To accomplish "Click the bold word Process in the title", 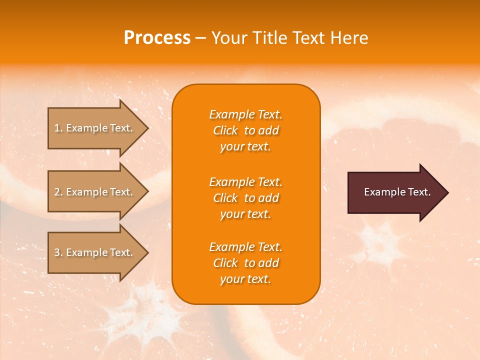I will coord(157,38).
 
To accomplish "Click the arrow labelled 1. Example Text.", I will coord(95,128).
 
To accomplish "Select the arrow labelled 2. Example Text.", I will coord(95,192).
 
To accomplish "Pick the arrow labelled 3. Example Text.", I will coord(95,252).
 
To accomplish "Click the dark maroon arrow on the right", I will coord(395,192).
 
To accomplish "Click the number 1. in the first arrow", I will coord(58,128).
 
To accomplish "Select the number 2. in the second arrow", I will coord(58,192).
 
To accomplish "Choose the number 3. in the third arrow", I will coord(58,252).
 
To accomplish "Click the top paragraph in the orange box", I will coord(245,130).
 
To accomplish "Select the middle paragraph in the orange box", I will coord(245,197).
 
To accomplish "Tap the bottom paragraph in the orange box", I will coord(245,263).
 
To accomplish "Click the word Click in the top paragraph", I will coord(225,130).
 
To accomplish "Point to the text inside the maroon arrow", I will coord(397,192).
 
